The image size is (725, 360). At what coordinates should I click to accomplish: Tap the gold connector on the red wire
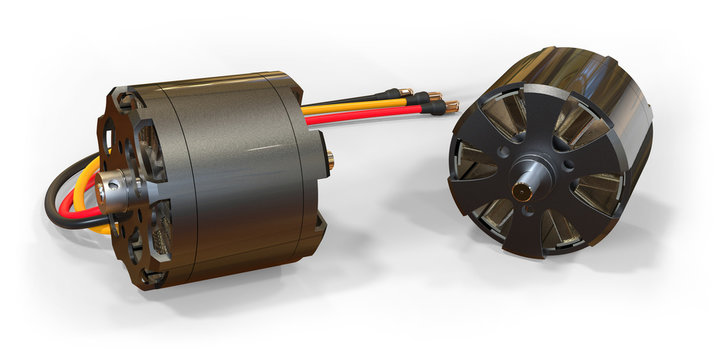tap(451, 107)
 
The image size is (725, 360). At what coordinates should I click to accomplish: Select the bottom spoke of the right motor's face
tap(531, 235)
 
